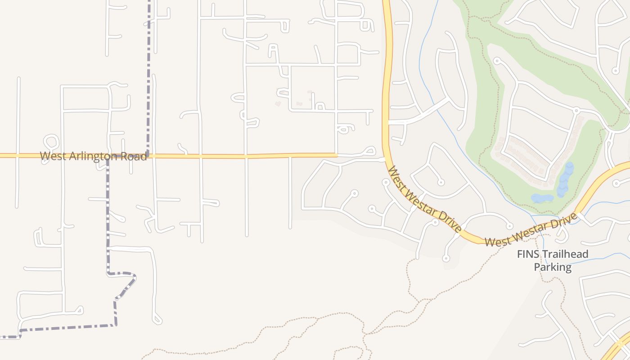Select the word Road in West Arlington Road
tap(134, 157)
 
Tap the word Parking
tap(553, 267)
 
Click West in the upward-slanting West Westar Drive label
tap(498, 241)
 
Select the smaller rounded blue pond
tap(542, 198)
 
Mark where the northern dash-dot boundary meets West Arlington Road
tap(148, 156)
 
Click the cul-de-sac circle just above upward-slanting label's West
tap(509, 226)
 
